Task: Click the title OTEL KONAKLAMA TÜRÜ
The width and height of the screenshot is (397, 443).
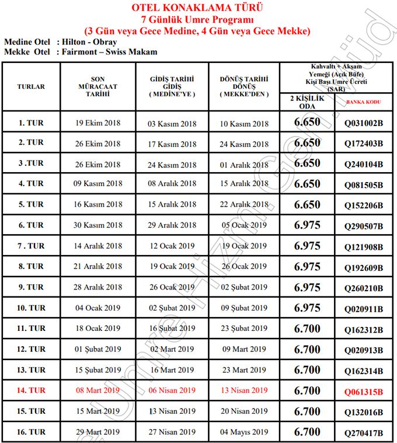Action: pyautogui.click(x=198, y=8)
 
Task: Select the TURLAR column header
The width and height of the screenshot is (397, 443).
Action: pyautogui.click(x=31, y=86)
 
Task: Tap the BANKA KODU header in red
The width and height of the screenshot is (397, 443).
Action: pyautogui.click(x=363, y=102)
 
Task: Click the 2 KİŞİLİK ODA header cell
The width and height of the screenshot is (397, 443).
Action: pyautogui.click(x=307, y=102)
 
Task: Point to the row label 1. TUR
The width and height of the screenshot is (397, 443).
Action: pyautogui.click(x=31, y=123)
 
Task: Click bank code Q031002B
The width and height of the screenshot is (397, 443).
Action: pyautogui.click(x=363, y=124)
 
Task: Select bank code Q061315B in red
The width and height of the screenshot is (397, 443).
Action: pyautogui.click(x=363, y=390)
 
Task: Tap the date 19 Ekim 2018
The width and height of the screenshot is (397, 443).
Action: pyautogui.click(x=97, y=123)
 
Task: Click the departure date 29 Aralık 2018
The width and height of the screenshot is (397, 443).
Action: pyautogui.click(x=172, y=225)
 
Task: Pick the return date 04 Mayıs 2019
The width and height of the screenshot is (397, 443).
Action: pyautogui.click(x=244, y=432)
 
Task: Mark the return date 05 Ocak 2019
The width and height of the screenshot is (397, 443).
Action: pyautogui.click(x=244, y=225)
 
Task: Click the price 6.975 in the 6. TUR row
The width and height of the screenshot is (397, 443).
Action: pyautogui.click(x=307, y=225)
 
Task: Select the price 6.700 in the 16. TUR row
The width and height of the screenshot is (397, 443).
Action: pyautogui.click(x=307, y=432)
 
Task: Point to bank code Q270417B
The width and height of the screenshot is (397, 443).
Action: pyautogui.click(x=363, y=432)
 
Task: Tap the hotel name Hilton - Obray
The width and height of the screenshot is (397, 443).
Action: pyautogui.click(x=87, y=42)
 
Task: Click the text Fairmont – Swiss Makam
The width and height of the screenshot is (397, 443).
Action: pyautogui.click(x=107, y=52)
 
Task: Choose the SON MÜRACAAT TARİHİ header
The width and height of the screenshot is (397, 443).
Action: pyautogui.click(x=97, y=86)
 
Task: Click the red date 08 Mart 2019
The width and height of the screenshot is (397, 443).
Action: pyautogui.click(x=97, y=390)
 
